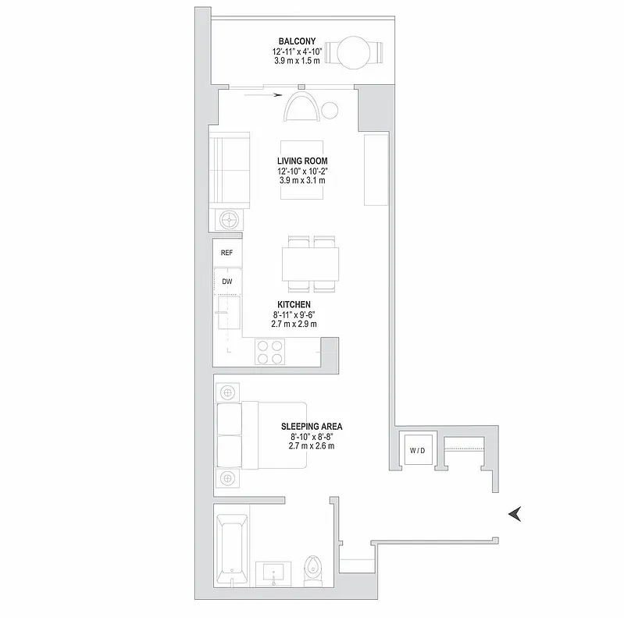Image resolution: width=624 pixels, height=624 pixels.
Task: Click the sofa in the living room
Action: click(229, 168)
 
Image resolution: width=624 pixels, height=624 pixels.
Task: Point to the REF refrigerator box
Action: click(227, 253)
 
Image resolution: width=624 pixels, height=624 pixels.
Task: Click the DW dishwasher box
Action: click(227, 281)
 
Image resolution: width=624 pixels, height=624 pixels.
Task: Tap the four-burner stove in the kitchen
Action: click(269, 353)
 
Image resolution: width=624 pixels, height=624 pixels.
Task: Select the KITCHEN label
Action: click(294, 305)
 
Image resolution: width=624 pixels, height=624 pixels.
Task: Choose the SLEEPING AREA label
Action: click(312, 427)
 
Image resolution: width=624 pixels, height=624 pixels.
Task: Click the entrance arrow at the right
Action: click(515, 512)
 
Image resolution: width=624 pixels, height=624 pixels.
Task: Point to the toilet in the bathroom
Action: click(312, 571)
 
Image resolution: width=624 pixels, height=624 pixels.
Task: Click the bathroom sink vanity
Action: click(274, 573)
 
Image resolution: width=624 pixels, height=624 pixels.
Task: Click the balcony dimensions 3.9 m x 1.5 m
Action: click(291, 62)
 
